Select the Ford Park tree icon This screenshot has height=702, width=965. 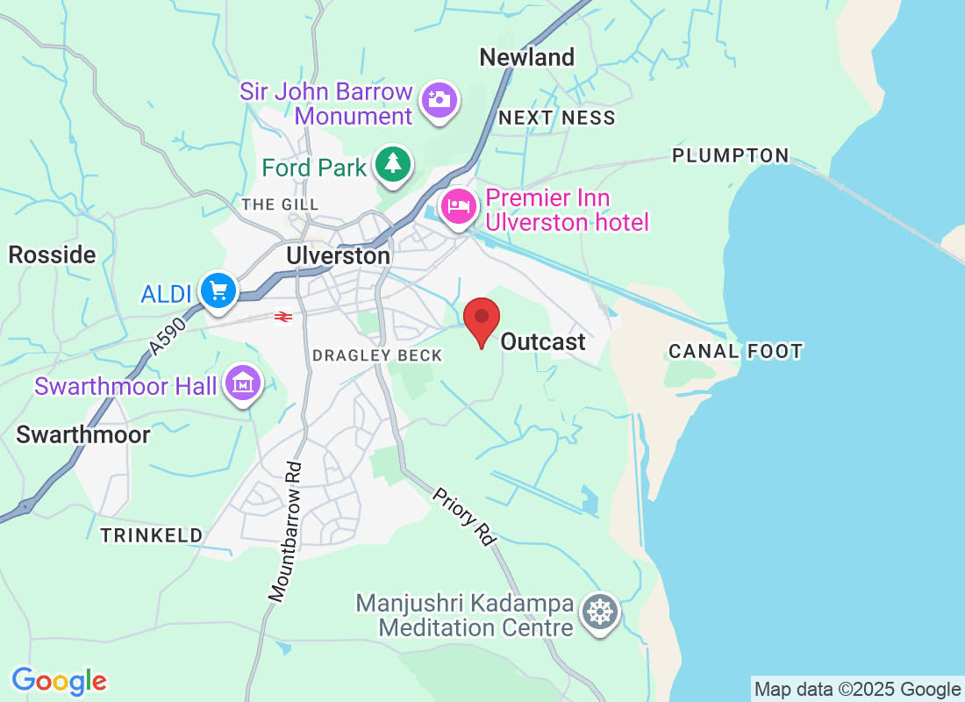(395, 165)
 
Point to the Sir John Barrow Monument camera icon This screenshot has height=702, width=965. (439, 99)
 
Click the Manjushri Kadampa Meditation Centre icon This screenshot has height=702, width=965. (601, 612)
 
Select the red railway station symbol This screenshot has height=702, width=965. (282, 317)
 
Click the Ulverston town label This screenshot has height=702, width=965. (338, 255)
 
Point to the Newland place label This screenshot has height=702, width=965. (526, 58)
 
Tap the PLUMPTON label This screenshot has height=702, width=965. (731, 155)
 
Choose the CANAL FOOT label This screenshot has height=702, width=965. (735, 352)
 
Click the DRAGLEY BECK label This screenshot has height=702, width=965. (377, 355)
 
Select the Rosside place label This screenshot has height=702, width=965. (52, 255)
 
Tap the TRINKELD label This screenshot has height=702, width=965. (151, 535)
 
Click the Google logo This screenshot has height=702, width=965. (60, 681)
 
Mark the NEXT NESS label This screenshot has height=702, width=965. (557, 118)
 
